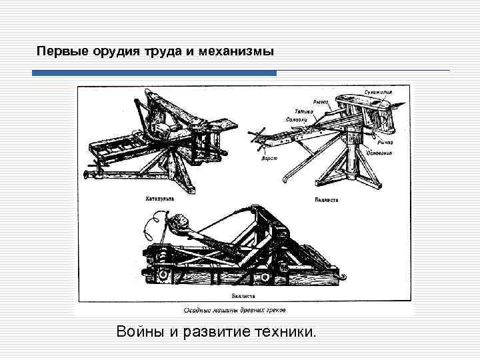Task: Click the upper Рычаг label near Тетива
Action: pos(321,102)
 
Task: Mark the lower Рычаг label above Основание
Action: pos(383,141)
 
